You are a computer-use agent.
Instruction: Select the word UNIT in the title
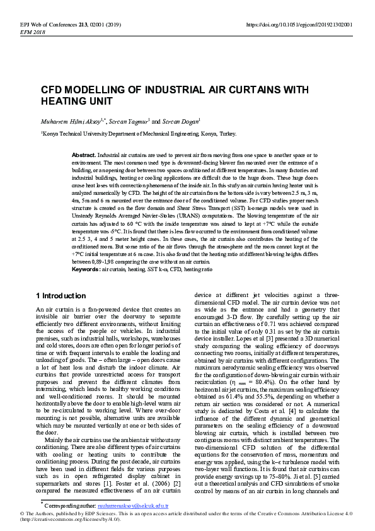(100, 101)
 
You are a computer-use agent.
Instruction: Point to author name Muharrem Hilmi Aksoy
(66, 121)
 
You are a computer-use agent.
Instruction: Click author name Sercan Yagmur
(128, 121)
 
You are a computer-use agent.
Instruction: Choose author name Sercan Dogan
(182, 121)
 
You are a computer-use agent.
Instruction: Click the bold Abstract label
(84, 155)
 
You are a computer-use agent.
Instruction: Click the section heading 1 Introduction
(61, 296)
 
